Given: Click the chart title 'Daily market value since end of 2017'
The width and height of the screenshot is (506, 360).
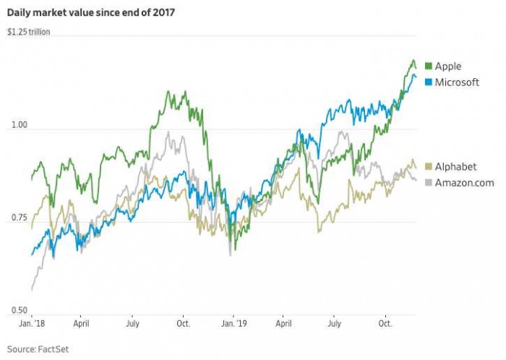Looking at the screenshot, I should click(92, 12).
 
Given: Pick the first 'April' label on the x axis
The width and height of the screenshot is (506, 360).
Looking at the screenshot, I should click(81, 324).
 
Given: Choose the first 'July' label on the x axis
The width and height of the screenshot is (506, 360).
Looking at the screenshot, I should click(133, 324).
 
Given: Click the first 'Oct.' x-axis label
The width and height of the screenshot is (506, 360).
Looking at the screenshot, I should click(183, 324).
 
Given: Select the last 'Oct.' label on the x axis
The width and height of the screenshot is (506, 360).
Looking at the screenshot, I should click(386, 324).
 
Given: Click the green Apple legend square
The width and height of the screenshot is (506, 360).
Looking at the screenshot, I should click(428, 67).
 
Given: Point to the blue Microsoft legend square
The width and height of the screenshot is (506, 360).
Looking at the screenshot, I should click(428, 82).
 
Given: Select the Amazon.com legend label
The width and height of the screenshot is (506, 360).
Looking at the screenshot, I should click(464, 182).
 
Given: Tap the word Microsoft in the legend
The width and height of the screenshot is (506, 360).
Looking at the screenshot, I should click(457, 82).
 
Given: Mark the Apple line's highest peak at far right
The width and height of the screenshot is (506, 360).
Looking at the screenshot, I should click(413, 61).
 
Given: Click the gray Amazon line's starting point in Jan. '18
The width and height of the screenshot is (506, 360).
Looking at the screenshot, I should click(32, 291).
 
